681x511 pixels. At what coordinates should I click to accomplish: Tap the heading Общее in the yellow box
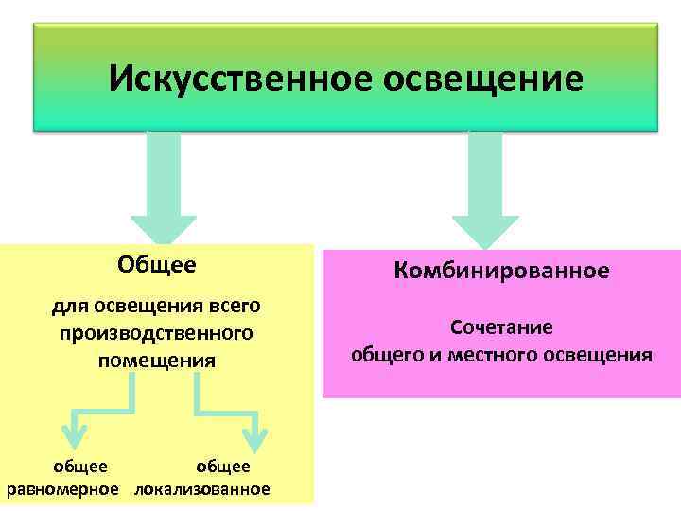(157, 264)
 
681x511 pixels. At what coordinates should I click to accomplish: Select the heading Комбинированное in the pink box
(501, 271)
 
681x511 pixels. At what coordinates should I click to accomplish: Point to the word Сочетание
(501, 327)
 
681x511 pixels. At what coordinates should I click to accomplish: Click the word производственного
(156, 333)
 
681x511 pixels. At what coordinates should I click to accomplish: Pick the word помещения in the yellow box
(156, 361)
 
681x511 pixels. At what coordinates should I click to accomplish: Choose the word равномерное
(63, 489)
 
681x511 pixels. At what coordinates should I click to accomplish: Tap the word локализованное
(201, 489)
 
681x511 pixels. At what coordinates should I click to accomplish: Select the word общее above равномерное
(79, 466)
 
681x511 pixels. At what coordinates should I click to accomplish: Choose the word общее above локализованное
(223, 466)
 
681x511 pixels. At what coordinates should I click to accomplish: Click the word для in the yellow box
(68, 306)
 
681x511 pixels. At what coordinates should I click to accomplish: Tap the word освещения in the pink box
(601, 356)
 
